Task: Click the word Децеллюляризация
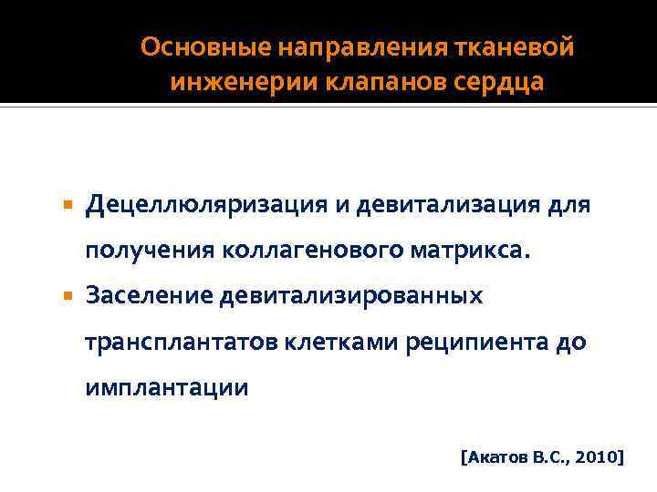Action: click(219, 206)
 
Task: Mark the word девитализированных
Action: click(359, 296)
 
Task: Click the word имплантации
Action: click(166, 387)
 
